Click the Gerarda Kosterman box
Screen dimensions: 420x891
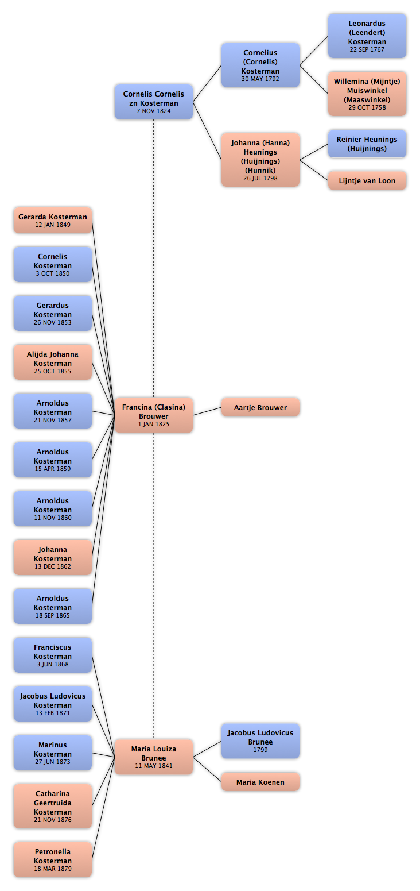(x=53, y=220)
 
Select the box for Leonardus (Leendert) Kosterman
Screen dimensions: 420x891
(x=367, y=36)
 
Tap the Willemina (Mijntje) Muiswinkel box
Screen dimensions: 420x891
(x=367, y=94)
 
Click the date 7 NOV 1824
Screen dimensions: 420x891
(x=154, y=111)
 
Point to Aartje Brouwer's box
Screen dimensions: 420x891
(x=260, y=407)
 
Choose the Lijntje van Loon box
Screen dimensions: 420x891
(x=367, y=180)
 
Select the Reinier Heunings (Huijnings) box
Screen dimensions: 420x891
(x=367, y=144)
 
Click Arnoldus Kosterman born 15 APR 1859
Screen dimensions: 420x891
(x=53, y=460)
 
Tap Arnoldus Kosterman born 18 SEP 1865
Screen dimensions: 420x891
(x=53, y=606)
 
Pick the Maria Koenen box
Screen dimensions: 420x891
(x=260, y=782)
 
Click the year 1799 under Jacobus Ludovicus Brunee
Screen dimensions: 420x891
(x=260, y=750)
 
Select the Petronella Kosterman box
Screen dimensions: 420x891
(x=53, y=859)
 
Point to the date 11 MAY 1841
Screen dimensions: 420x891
(x=154, y=766)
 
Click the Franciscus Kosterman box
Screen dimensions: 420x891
(x=53, y=655)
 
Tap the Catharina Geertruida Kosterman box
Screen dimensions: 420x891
(x=53, y=807)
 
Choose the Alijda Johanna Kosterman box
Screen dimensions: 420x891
(x=53, y=362)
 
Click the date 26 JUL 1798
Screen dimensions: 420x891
(x=260, y=178)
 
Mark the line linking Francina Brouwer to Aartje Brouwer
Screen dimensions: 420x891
(x=207, y=411)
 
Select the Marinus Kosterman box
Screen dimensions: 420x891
(x=53, y=753)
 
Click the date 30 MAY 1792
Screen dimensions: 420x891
(x=260, y=79)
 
